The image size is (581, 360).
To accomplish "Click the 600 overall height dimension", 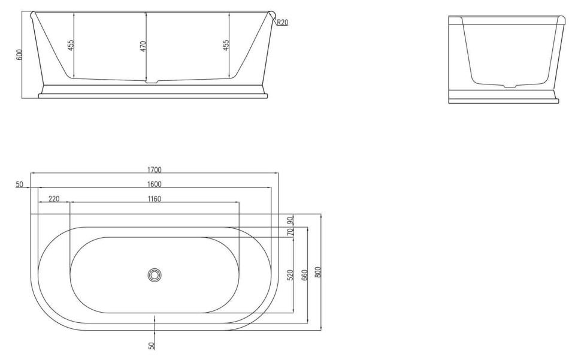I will (x=19, y=55).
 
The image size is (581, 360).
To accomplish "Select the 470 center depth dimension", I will (x=143, y=46).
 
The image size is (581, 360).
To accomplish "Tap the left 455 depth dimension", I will (x=70, y=45).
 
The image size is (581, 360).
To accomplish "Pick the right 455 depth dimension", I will (x=226, y=45).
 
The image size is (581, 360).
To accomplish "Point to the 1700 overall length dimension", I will (x=154, y=170).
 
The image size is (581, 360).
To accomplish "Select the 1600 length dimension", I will (x=154, y=184).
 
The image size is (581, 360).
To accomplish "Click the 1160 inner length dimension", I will (x=154, y=198).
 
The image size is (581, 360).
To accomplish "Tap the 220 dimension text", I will (x=54, y=198).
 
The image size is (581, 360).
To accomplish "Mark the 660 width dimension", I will (x=304, y=275).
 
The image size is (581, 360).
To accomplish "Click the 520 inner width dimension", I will (x=290, y=275).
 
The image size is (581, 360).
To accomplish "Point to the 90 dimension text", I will (x=290, y=220).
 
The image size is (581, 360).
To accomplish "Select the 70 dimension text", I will (x=290, y=232).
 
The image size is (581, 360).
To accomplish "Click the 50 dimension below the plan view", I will (x=152, y=346).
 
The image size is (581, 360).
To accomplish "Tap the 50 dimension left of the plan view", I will (x=20, y=184).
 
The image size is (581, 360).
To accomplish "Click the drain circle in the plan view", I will (x=155, y=275).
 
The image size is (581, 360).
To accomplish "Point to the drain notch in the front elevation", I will (x=155, y=83).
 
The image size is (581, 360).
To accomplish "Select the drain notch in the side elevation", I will (x=509, y=87).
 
